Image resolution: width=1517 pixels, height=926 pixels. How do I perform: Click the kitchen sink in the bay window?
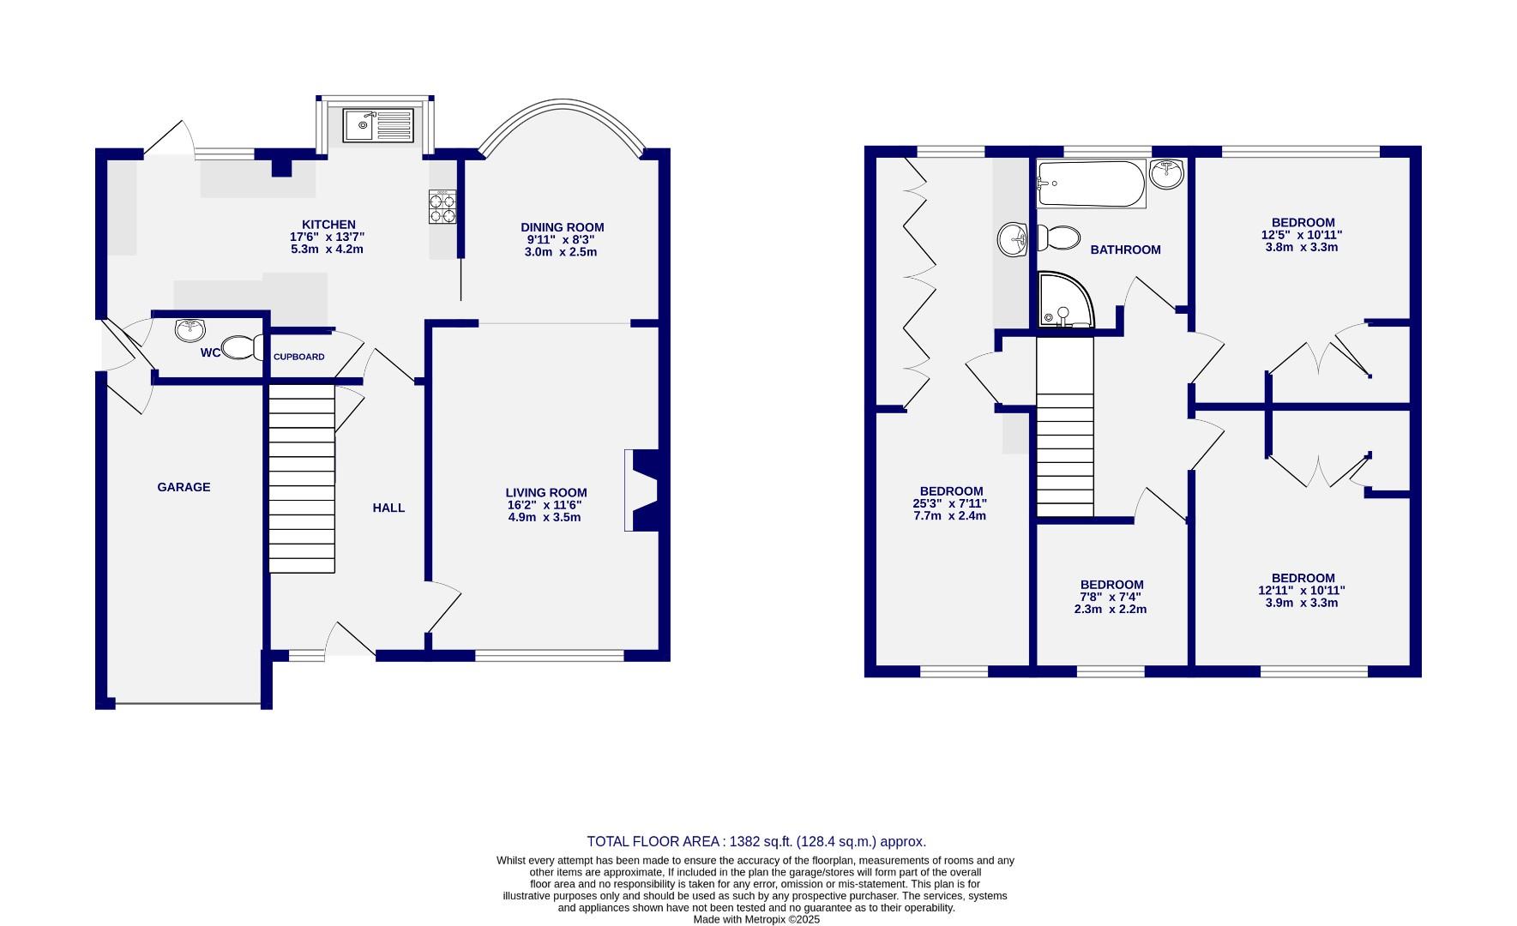pos(378,125)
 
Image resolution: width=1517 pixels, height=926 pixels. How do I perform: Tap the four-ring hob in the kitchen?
pos(442,207)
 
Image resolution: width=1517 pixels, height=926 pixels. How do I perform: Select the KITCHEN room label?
pos(328,225)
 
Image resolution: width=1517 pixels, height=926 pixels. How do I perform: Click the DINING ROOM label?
pos(562,227)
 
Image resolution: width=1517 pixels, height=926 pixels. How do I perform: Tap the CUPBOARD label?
pos(298,357)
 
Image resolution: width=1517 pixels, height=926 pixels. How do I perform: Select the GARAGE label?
pos(184,487)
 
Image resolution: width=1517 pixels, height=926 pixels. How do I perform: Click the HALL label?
pos(388,508)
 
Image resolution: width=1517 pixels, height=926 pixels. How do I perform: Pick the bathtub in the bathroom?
pos(1090,183)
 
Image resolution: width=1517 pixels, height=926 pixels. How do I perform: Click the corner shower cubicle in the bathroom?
pos(1065,300)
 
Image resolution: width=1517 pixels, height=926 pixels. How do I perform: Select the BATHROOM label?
pos(1125,250)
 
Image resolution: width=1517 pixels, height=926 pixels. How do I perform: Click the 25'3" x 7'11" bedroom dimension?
pos(952,503)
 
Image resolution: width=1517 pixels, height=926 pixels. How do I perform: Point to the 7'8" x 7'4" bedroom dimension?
pos(1111,597)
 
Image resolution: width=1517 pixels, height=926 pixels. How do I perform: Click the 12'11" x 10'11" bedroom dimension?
pos(1302,590)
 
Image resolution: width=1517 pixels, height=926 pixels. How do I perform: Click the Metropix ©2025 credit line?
pos(756,919)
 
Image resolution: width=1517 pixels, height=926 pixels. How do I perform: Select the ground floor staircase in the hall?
pos(302,478)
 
